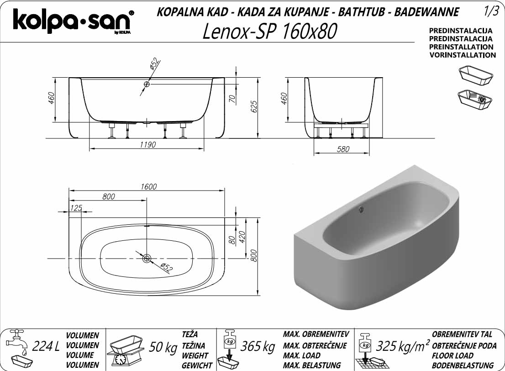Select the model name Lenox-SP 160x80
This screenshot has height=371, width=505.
pyautogui.click(x=270, y=31)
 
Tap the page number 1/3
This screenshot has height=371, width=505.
pyautogui.click(x=491, y=11)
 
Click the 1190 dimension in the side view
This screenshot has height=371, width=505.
pyautogui.click(x=148, y=144)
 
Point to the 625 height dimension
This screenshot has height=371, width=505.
pyautogui.click(x=254, y=107)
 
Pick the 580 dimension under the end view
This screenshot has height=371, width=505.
pyautogui.click(x=343, y=149)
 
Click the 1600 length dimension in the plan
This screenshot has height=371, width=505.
pyautogui.click(x=148, y=186)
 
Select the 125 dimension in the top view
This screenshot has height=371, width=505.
pyautogui.click(x=76, y=208)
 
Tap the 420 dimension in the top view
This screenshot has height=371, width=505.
pyautogui.click(x=242, y=237)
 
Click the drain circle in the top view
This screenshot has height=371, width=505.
pyautogui.click(x=147, y=258)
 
